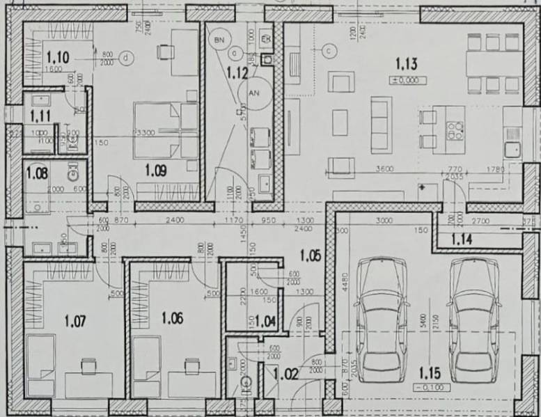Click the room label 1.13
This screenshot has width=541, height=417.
(x=406, y=65)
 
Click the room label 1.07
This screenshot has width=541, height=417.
(x=75, y=321)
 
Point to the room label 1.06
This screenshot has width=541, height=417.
(x=172, y=318)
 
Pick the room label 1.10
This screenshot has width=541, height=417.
(x=58, y=57)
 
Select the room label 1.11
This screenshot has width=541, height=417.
(x=40, y=113)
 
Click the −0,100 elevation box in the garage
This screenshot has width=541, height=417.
(x=430, y=387)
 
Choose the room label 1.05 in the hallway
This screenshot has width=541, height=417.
(x=311, y=256)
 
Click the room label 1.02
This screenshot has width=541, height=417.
(x=285, y=374)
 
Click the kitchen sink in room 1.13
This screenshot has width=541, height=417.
(x=513, y=147)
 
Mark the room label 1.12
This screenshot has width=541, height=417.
(x=238, y=70)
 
